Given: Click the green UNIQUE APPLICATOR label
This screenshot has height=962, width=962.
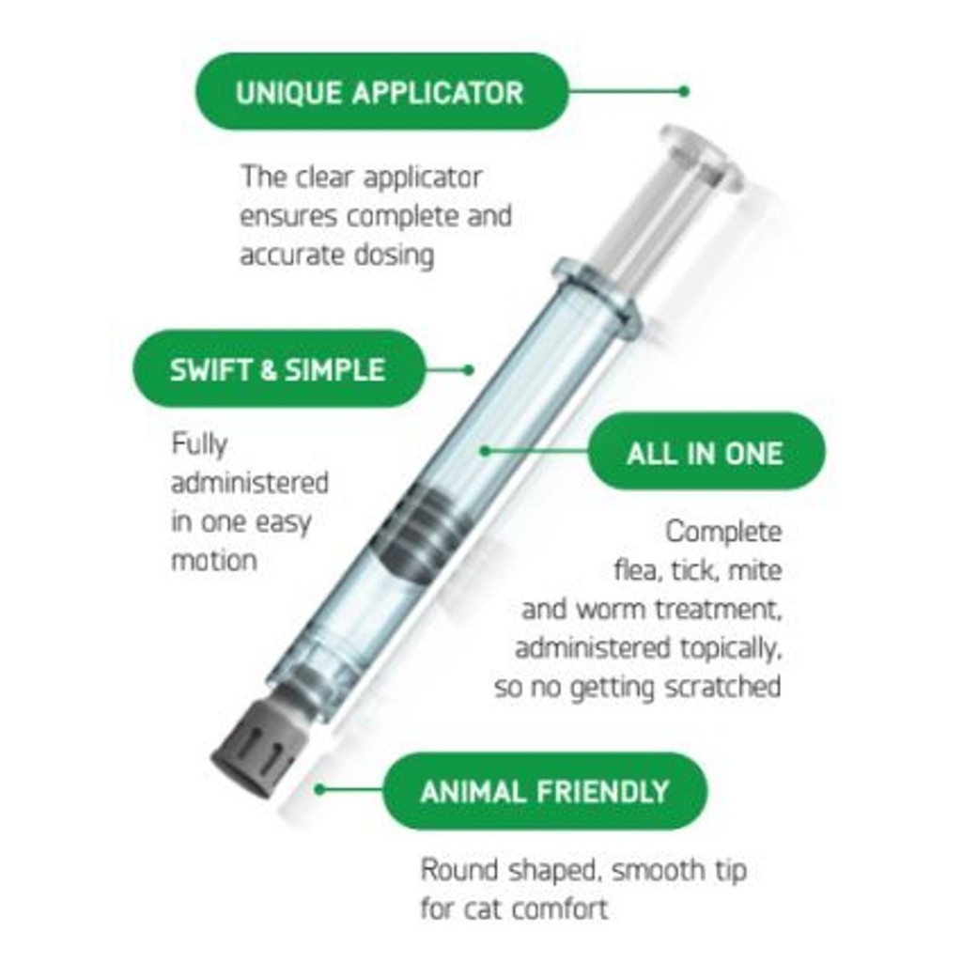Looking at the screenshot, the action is pos(381,91).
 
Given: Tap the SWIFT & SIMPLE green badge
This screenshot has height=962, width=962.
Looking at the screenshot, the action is pos(279,369).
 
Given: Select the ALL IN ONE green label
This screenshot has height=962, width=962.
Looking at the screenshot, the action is pos(706,452).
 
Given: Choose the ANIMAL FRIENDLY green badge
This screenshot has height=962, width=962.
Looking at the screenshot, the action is pos(545,791).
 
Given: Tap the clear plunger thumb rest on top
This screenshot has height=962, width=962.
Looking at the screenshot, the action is pos(703,157).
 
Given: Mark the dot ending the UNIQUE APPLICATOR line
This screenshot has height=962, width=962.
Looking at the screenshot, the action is pos(684,92).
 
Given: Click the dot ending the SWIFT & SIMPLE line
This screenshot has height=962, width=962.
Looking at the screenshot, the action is pos(469,370).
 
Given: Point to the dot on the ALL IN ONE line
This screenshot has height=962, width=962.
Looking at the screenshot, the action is pos(485,451).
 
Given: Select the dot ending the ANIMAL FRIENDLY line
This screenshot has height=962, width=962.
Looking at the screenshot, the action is pos(319,789).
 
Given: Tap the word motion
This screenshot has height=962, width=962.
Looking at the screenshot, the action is pos(213,561).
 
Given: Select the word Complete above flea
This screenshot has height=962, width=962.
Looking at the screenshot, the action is pos(724,532).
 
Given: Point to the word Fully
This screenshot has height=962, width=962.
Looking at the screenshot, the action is pos(199,444).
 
